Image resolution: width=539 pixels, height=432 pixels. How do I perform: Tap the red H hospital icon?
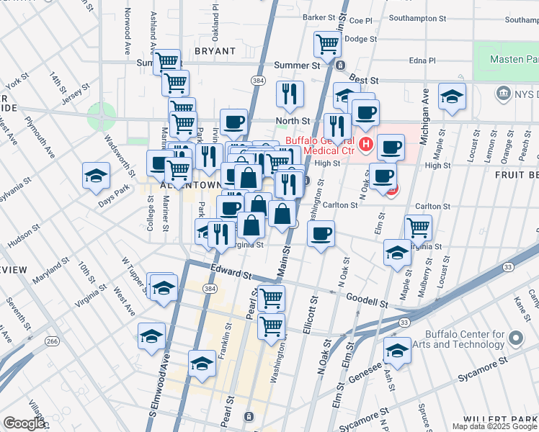[x=366, y=145]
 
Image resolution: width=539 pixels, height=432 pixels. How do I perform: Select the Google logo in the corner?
[x=24, y=423]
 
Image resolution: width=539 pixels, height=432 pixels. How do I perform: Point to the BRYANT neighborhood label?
[x=215, y=51]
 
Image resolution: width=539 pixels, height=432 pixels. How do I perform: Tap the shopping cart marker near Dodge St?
[x=328, y=45]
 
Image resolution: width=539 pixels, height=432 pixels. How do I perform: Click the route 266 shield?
[x=50, y=341]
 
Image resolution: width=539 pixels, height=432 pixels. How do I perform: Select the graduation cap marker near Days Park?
[x=96, y=176]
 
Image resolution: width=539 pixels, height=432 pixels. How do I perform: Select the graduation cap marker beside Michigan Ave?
[x=452, y=96]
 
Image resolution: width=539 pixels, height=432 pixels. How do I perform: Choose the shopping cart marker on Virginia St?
[x=419, y=228]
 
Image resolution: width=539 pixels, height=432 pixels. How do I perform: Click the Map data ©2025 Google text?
[x=494, y=426]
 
